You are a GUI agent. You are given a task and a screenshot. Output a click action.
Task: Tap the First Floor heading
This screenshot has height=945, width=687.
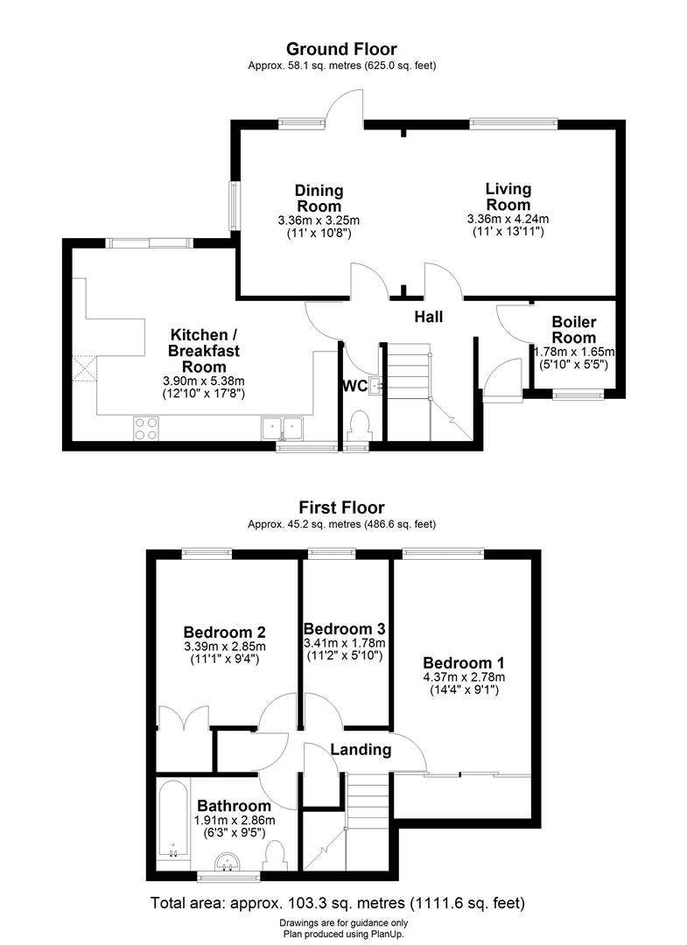click(341, 507)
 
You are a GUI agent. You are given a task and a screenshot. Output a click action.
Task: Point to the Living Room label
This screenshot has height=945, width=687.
click(508, 197)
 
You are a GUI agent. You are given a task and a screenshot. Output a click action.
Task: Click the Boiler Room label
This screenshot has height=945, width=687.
click(573, 330)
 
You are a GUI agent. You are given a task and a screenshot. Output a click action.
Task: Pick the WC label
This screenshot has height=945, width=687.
click(354, 386)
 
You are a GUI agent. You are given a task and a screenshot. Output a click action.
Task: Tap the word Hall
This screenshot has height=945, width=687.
click(429, 317)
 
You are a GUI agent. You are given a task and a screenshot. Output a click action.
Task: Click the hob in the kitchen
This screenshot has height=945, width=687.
click(145, 428)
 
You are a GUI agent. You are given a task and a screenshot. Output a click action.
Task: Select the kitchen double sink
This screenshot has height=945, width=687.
click(282, 428)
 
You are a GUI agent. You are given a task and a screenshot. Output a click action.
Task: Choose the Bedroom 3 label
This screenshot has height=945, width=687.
click(344, 629)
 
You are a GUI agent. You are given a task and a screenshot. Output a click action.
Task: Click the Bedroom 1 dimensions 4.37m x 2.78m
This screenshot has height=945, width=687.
click(463, 677)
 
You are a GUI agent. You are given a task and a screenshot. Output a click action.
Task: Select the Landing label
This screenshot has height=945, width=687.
click(361, 750)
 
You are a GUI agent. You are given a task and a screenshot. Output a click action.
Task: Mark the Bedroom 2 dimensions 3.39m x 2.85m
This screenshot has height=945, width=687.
click(225, 647)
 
